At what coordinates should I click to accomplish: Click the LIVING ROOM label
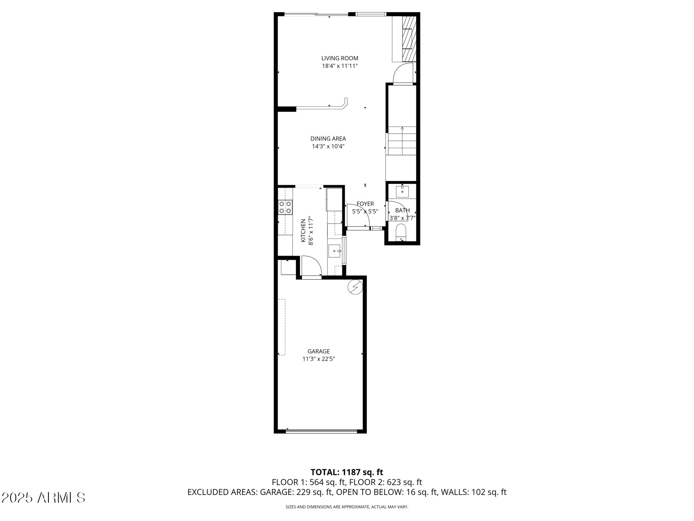[x=340, y=58]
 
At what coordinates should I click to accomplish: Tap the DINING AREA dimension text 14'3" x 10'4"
[x=328, y=146]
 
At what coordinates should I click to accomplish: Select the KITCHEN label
[x=303, y=231]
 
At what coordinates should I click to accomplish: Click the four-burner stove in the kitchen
[x=285, y=207]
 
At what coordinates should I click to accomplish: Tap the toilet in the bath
[x=402, y=232]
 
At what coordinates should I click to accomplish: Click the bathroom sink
[x=402, y=191]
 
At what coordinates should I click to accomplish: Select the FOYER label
[x=365, y=204]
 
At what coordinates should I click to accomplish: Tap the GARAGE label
[x=318, y=351]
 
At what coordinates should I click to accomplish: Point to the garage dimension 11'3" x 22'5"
[x=318, y=359]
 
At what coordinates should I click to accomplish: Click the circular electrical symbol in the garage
[x=355, y=287]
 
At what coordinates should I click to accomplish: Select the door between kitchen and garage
[x=311, y=267]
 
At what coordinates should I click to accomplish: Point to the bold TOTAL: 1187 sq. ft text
[x=347, y=472]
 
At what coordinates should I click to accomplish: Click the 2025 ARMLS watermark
[x=44, y=497]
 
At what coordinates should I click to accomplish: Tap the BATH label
[x=402, y=210]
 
